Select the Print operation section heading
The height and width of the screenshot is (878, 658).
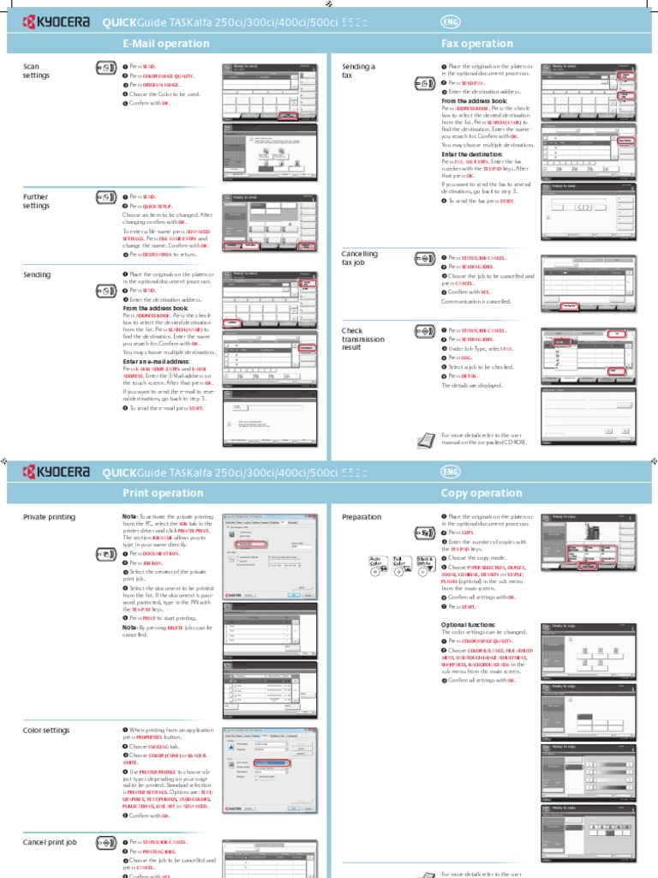click(163, 493)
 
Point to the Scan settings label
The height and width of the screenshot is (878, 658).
click(36, 71)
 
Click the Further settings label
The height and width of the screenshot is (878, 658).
click(36, 201)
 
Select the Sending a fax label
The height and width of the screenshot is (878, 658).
click(358, 71)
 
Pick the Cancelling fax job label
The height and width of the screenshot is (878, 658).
click(359, 259)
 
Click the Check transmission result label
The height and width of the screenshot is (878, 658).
click(363, 340)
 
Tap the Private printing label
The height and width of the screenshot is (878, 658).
click(49, 517)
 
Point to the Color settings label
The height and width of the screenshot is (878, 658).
click(46, 730)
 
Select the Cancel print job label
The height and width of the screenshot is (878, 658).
click(50, 843)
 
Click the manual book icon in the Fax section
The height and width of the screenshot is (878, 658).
click(425, 440)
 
